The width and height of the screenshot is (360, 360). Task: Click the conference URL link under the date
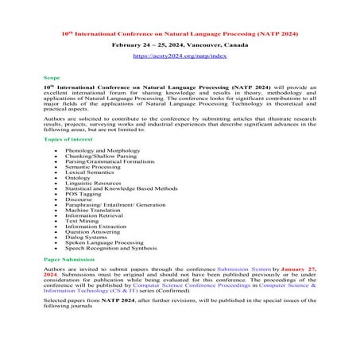click(x=180, y=56)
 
